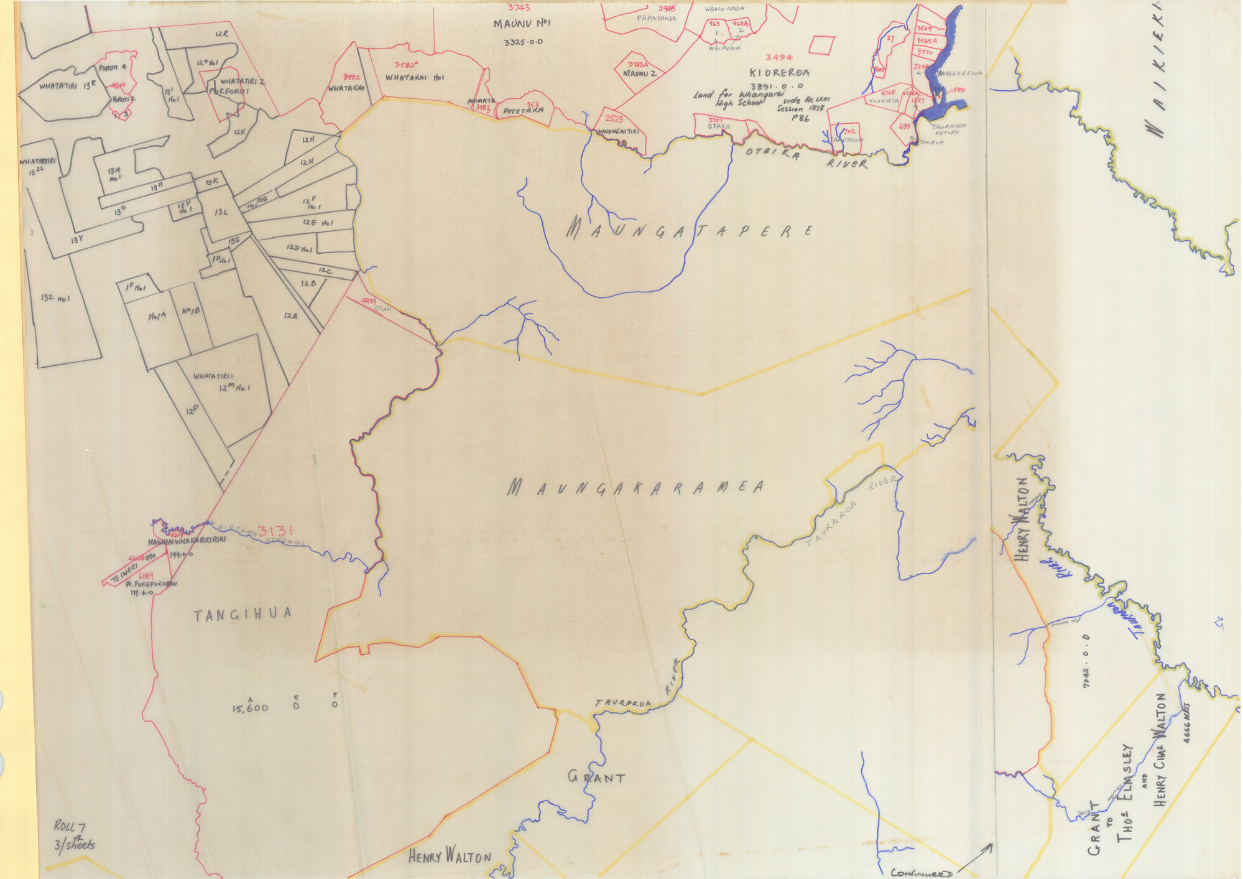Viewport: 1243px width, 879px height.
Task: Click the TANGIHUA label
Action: (x=242, y=615)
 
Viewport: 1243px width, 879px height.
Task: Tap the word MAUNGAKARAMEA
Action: (x=635, y=488)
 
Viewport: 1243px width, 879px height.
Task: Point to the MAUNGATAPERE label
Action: (x=689, y=231)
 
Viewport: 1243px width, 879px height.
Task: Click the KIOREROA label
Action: (x=779, y=72)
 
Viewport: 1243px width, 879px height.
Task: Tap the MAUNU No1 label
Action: (x=522, y=24)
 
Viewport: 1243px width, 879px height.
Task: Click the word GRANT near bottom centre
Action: (x=596, y=777)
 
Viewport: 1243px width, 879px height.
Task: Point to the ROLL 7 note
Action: (x=69, y=827)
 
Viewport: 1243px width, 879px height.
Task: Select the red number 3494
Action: (x=779, y=57)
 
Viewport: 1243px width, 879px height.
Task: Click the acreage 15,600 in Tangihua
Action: (x=250, y=707)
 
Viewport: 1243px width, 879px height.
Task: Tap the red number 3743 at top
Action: (x=519, y=8)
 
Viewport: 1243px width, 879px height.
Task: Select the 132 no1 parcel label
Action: (x=55, y=298)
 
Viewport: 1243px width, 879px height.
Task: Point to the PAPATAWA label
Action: (x=656, y=19)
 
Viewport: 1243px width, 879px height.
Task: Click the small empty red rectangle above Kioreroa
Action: (x=821, y=45)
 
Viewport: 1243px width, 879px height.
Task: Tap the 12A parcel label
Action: (x=290, y=316)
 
